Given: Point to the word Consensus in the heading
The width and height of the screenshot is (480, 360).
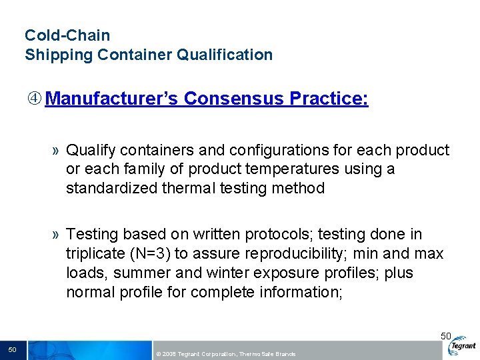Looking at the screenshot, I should coord(234,99).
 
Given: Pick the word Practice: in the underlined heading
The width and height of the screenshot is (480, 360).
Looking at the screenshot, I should coord(329,99).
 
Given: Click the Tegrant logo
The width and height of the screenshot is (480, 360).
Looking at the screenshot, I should coord(462,346).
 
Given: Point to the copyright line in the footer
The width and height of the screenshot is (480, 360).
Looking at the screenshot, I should coord(225,354).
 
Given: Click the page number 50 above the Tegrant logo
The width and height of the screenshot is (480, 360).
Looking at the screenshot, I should coord(446,336).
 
